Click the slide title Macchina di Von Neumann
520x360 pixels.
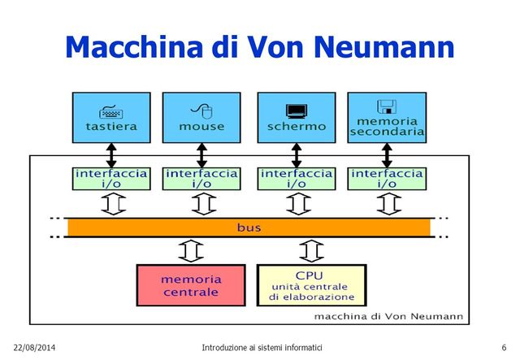tap(259, 46)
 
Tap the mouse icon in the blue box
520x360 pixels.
tap(201, 109)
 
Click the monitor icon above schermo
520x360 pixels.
tap(296, 110)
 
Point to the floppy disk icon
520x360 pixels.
tap(386, 106)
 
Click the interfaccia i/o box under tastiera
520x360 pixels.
tap(111, 179)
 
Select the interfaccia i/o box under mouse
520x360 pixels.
tap(201, 179)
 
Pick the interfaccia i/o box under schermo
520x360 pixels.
tap(296, 179)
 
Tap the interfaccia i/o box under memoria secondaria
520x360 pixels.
tap(387, 179)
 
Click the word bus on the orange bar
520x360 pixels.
tap(249, 228)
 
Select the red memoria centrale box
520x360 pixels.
tap(191, 285)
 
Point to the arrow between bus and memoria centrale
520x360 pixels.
tap(191, 250)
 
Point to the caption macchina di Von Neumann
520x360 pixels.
tap(388, 315)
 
